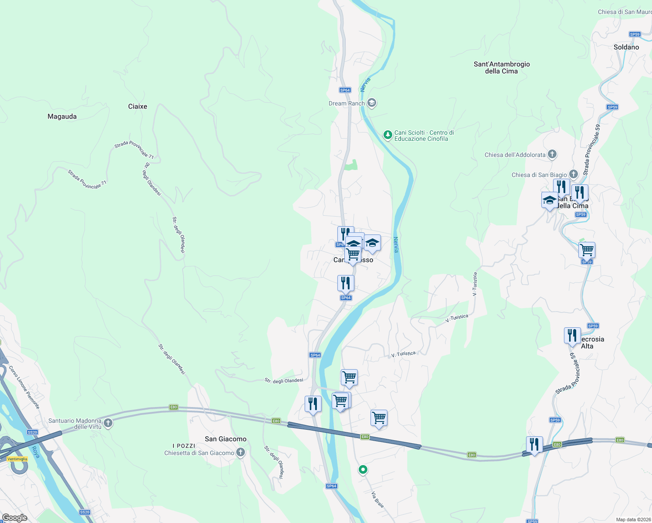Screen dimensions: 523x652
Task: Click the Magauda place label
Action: [x=62, y=116]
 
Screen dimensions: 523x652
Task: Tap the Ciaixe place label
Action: [x=137, y=106]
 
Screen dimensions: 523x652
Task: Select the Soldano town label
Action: [x=626, y=47]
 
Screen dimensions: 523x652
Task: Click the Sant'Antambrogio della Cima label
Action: [x=502, y=68]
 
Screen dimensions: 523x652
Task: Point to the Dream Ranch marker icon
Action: [x=372, y=103]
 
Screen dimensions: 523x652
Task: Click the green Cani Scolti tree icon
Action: [x=387, y=135]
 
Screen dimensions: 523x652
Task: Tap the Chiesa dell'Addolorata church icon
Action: [x=552, y=154]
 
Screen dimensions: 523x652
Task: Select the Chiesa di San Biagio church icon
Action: [x=574, y=174]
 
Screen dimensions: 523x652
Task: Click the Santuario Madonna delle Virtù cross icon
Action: [x=108, y=423]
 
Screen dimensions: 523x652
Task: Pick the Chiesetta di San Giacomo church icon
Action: [x=241, y=453]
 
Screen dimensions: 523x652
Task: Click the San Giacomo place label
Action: [x=225, y=439]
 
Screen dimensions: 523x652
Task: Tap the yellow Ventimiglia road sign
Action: [x=17, y=459]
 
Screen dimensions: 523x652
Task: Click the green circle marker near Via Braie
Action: [x=363, y=469]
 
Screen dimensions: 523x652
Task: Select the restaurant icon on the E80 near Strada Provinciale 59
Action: [x=534, y=445]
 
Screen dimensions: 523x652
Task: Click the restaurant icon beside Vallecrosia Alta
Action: [x=572, y=336]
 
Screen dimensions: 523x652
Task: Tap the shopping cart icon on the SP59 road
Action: [x=587, y=251]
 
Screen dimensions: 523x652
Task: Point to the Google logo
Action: [x=14, y=518]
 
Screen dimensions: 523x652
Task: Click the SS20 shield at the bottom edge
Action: [x=85, y=512]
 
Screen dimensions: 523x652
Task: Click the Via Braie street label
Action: [x=377, y=499]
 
